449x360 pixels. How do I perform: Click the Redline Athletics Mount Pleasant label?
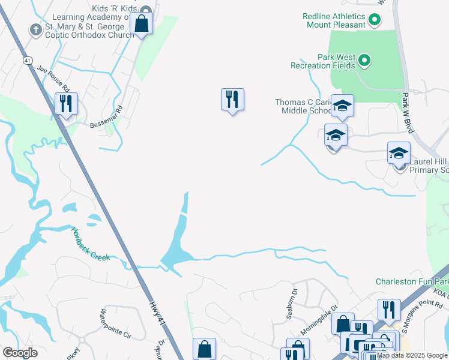(x=336, y=20)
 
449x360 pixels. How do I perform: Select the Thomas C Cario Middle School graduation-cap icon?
(x=342, y=106)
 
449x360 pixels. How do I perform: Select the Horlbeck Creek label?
(x=90, y=243)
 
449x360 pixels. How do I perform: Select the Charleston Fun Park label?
(x=412, y=281)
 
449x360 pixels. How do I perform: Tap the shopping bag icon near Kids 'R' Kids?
(x=142, y=24)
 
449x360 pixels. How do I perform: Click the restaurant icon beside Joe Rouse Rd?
(x=65, y=103)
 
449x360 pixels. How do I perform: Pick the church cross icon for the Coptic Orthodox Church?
(x=36, y=29)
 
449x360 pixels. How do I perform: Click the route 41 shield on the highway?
(x=28, y=61)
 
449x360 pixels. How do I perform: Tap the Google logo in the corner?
(x=20, y=353)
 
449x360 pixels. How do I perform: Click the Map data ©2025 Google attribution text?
(x=412, y=355)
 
